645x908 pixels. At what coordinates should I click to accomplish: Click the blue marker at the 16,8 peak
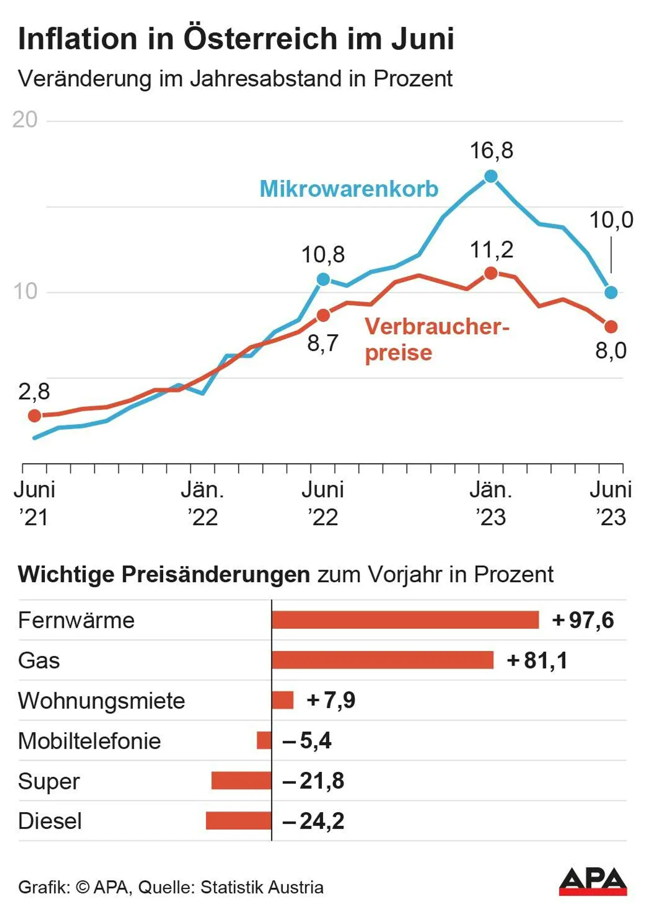491,176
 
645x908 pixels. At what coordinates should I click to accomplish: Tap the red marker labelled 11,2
491,273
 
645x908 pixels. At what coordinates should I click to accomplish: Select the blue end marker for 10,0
611,292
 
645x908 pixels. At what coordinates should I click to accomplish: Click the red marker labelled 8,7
323,316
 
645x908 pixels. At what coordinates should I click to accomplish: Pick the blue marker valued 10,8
323,279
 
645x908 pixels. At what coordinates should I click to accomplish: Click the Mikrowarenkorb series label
349,189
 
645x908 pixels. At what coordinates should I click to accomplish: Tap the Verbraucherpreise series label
436,339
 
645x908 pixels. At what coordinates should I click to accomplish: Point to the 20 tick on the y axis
25,120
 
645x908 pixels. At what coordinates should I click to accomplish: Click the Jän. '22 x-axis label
203,503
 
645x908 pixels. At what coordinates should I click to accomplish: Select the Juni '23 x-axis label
611,503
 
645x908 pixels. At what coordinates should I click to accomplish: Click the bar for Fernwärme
405,620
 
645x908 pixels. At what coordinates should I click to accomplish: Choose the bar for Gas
382,660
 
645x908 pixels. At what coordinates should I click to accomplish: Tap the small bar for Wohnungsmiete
283,700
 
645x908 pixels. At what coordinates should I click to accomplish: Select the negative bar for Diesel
239,820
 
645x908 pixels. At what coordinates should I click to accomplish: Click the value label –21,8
313,781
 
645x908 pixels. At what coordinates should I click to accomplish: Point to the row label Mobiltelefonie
89,741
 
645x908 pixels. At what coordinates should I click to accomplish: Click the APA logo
593,881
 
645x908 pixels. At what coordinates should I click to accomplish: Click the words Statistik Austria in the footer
262,887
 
